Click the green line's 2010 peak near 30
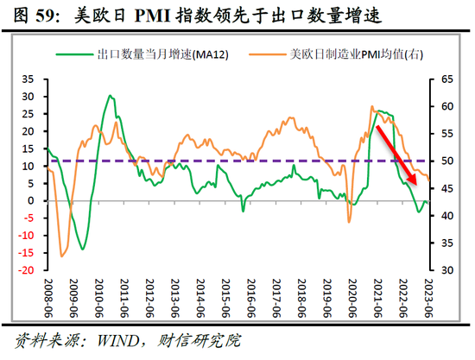click(110, 96)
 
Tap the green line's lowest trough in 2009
click(83, 249)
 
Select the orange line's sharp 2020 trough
click(349, 222)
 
